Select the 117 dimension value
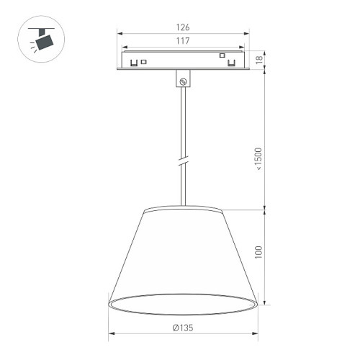tap(182, 42)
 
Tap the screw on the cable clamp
tap(184, 81)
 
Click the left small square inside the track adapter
tap(144, 62)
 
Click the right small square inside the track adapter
tap(222, 56)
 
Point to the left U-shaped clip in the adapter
tap(134, 63)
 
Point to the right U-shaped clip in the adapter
tap(232, 63)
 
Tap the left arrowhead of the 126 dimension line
tap(120, 33)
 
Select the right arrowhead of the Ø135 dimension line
tap(256, 334)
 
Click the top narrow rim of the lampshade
tap(183, 210)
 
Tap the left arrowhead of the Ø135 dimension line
tap(111, 334)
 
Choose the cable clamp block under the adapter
tap(183, 78)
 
